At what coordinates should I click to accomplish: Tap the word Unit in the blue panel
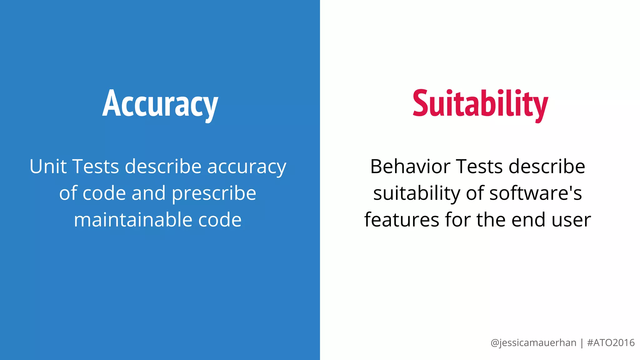(x=48, y=166)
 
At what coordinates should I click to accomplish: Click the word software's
(x=536, y=193)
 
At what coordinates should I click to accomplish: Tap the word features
(x=402, y=220)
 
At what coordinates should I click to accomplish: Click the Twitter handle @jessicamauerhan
(x=533, y=343)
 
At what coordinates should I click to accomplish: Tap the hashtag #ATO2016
(x=611, y=343)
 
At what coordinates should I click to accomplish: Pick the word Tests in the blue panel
(x=96, y=166)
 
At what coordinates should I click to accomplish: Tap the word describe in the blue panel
(x=163, y=166)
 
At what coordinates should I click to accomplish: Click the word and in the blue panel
(x=148, y=193)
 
